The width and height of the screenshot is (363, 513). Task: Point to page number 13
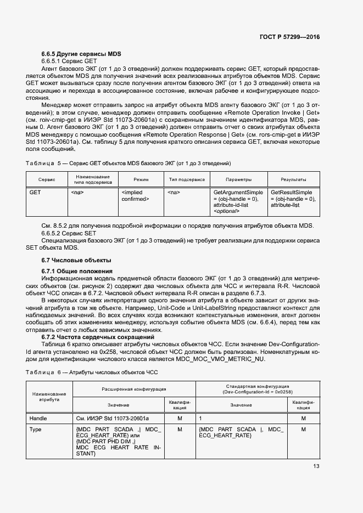click(316, 467)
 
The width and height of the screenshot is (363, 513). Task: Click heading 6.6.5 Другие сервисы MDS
click(81, 54)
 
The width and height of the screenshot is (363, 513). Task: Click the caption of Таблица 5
click(128, 164)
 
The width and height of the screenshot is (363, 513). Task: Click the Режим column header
click(141, 179)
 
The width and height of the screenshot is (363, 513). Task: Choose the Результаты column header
click(293, 179)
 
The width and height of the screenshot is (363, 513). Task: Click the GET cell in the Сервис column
click(35, 193)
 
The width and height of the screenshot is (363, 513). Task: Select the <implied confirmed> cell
click(135, 196)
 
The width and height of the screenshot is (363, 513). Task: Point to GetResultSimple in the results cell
click(291, 193)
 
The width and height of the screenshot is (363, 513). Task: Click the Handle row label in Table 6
click(38, 418)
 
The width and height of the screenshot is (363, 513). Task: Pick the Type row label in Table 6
click(36, 430)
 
